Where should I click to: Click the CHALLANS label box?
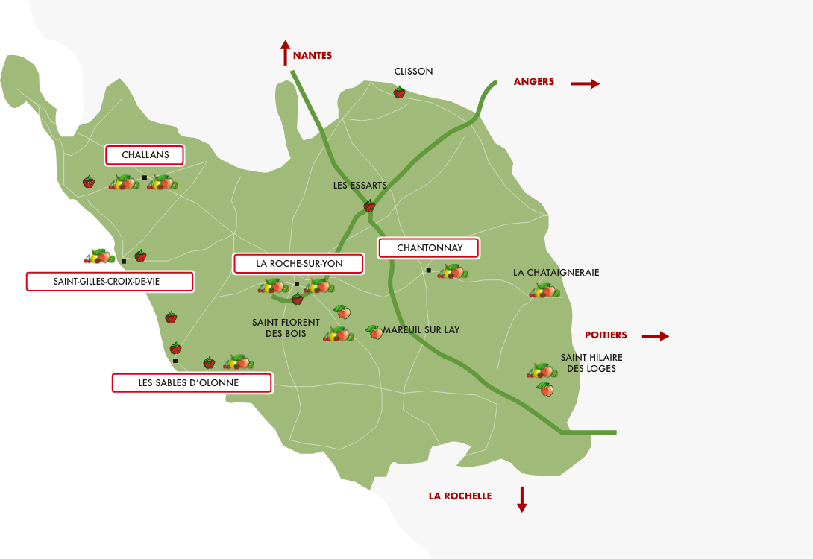[x=145, y=155]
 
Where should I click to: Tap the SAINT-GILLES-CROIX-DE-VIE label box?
[x=110, y=282]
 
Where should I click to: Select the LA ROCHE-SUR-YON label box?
[x=298, y=264]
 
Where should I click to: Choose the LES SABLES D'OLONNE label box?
[x=191, y=383]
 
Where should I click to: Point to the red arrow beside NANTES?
[x=285, y=54]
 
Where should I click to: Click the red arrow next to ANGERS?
[x=585, y=83]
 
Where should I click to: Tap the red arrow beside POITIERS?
[x=655, y=336]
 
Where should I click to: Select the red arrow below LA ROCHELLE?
[x=522, y=499]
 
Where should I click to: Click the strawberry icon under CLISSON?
[x=399, y=92]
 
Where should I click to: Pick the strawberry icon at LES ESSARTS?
[x=368, y=206]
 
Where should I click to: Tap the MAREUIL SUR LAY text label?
[x=421, y=329]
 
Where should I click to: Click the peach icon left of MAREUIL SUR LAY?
[x=374, y=331]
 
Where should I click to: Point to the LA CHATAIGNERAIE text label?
[x=556, y=273]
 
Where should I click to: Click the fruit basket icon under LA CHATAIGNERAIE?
[x=544, y=291]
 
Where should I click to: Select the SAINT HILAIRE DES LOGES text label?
[x=591, y=363]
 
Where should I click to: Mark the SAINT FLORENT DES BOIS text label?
[x=286, y=328]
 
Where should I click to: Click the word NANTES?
[x=313, y=56]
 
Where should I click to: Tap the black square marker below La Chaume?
[x=175, y=361]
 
